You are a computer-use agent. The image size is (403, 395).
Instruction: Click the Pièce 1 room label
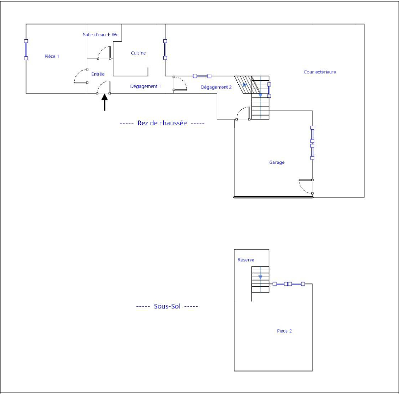point(52,56)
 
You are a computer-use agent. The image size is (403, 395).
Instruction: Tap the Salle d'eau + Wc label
point(101,35)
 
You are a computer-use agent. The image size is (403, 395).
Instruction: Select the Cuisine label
point(138,53)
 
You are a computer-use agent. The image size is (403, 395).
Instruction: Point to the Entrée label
point(98,74)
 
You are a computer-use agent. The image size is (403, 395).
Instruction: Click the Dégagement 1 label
point(146,87)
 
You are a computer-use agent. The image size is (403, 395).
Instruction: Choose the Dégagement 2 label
point(216,87)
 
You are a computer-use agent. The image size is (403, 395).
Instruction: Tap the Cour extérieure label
point(320,72)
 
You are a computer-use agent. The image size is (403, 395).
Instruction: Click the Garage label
point(277,163)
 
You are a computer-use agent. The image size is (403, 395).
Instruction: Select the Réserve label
point(246,260)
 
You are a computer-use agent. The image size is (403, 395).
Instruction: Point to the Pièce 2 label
point(284,331)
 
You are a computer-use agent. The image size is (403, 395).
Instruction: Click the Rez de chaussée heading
point(162,123)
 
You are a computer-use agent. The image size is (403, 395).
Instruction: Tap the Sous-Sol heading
point(167,306)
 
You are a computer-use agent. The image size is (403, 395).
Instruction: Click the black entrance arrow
point(104,102)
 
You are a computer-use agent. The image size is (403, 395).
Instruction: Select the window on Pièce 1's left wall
point(26,50)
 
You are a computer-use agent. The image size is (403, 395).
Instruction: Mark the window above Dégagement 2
point(202,76)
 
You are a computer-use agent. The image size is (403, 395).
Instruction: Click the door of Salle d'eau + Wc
point(104,53)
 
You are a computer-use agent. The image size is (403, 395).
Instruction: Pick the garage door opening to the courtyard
point(306,186)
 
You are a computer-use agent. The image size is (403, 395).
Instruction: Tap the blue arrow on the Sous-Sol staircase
point(261,277)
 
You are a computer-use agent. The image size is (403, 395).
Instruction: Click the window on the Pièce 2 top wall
point(289,284)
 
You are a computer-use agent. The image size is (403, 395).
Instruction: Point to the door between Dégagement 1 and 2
point(180,83)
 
